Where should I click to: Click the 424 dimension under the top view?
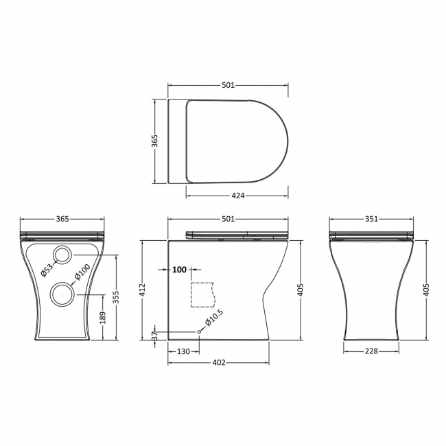(x=238, y=196)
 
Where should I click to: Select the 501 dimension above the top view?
(x=228, y=85)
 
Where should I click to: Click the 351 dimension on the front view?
(x=371, y=219)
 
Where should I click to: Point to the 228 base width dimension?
(x=371, y=351)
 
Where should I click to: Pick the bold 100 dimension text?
(x=179, y=270)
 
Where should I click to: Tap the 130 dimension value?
(x=183, y=351)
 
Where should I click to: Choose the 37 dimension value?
(x=154, y=336)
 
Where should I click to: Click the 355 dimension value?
(x=117, y=296)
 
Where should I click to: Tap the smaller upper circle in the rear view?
(x=63, y=255)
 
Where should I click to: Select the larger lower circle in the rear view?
(x=63, y=294)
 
